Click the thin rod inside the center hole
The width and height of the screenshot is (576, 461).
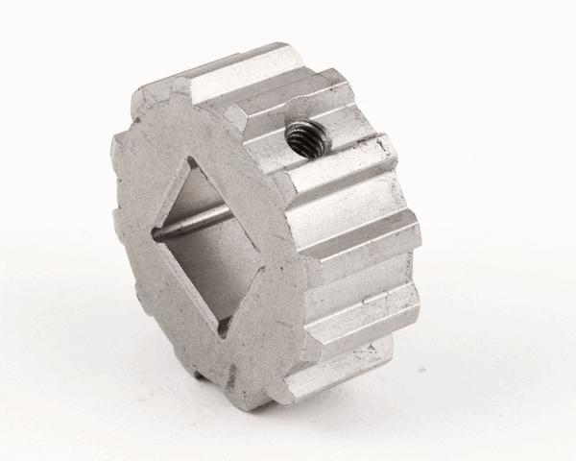tap(192, 222)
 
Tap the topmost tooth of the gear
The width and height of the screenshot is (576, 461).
tap(240, 67)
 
